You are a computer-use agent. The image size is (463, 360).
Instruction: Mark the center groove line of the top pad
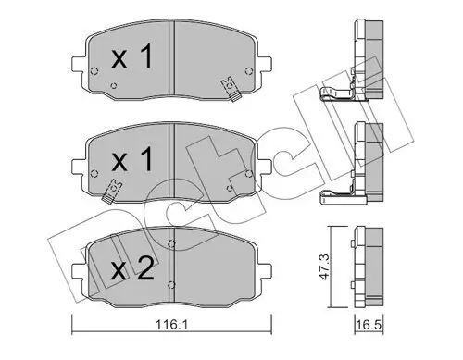tap(173, 65)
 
